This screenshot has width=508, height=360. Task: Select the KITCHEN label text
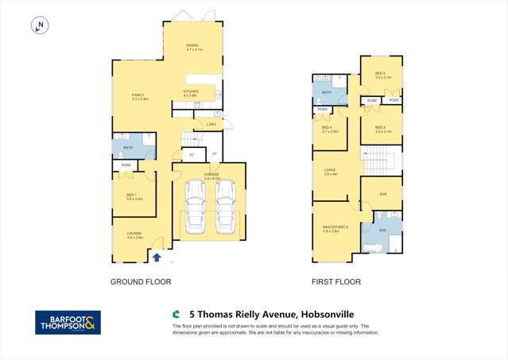pyautogui.click(x=191, y=92)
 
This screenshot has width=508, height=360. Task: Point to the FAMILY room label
pyautogui.click(x=139, y=96)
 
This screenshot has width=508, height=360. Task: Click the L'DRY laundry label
pyautogui.click(x=211, y=124)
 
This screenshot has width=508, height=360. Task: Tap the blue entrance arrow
pyautogui.click(x=157, y=257)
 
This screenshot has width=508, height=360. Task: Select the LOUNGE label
pyautogui.click(x=134, y=234)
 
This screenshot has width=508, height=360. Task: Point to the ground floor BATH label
pyautogui.click(x=129, y=147)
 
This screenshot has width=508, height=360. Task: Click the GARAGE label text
pyautogui.click(x=211, y=176)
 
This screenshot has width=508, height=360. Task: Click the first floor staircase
pyautogui.click(x=381, y=159)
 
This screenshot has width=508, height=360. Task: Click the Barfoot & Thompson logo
pyautogui.click(x=68, y=322)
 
